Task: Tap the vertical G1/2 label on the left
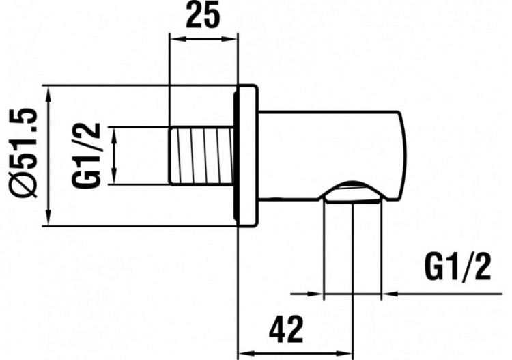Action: [88, 155]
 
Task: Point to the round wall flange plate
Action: [245, 155]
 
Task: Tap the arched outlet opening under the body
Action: [352, 193]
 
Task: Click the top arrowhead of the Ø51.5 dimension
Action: [48, 92]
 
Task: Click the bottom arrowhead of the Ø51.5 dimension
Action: [48, 219]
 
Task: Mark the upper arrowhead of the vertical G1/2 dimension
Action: [117, 133]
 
